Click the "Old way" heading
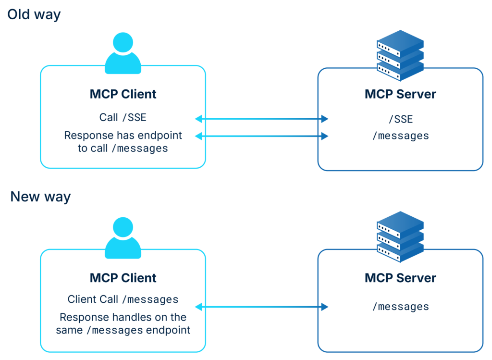(x=34, y=14)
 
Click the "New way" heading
(x=40, y=197)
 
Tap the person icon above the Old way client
(x=123, y=53)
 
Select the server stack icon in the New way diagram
(x=400, y=236)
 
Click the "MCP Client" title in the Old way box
(x=123, y=94)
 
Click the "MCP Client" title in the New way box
(x=123, y=278)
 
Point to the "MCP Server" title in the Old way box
(x=400, y=94)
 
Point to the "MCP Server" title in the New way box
(x=400, y=278)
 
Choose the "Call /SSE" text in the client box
(x=123, y=117)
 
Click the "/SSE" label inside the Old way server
(x=400, y=119)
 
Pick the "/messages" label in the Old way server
(x=400, y=136)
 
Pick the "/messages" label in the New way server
(x=400, y=306)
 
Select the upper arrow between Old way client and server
(x=261, y=119)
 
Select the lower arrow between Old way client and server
(x=261, y=136)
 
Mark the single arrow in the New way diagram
(x=261, y=307)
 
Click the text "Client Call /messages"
(x=123, y=299)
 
